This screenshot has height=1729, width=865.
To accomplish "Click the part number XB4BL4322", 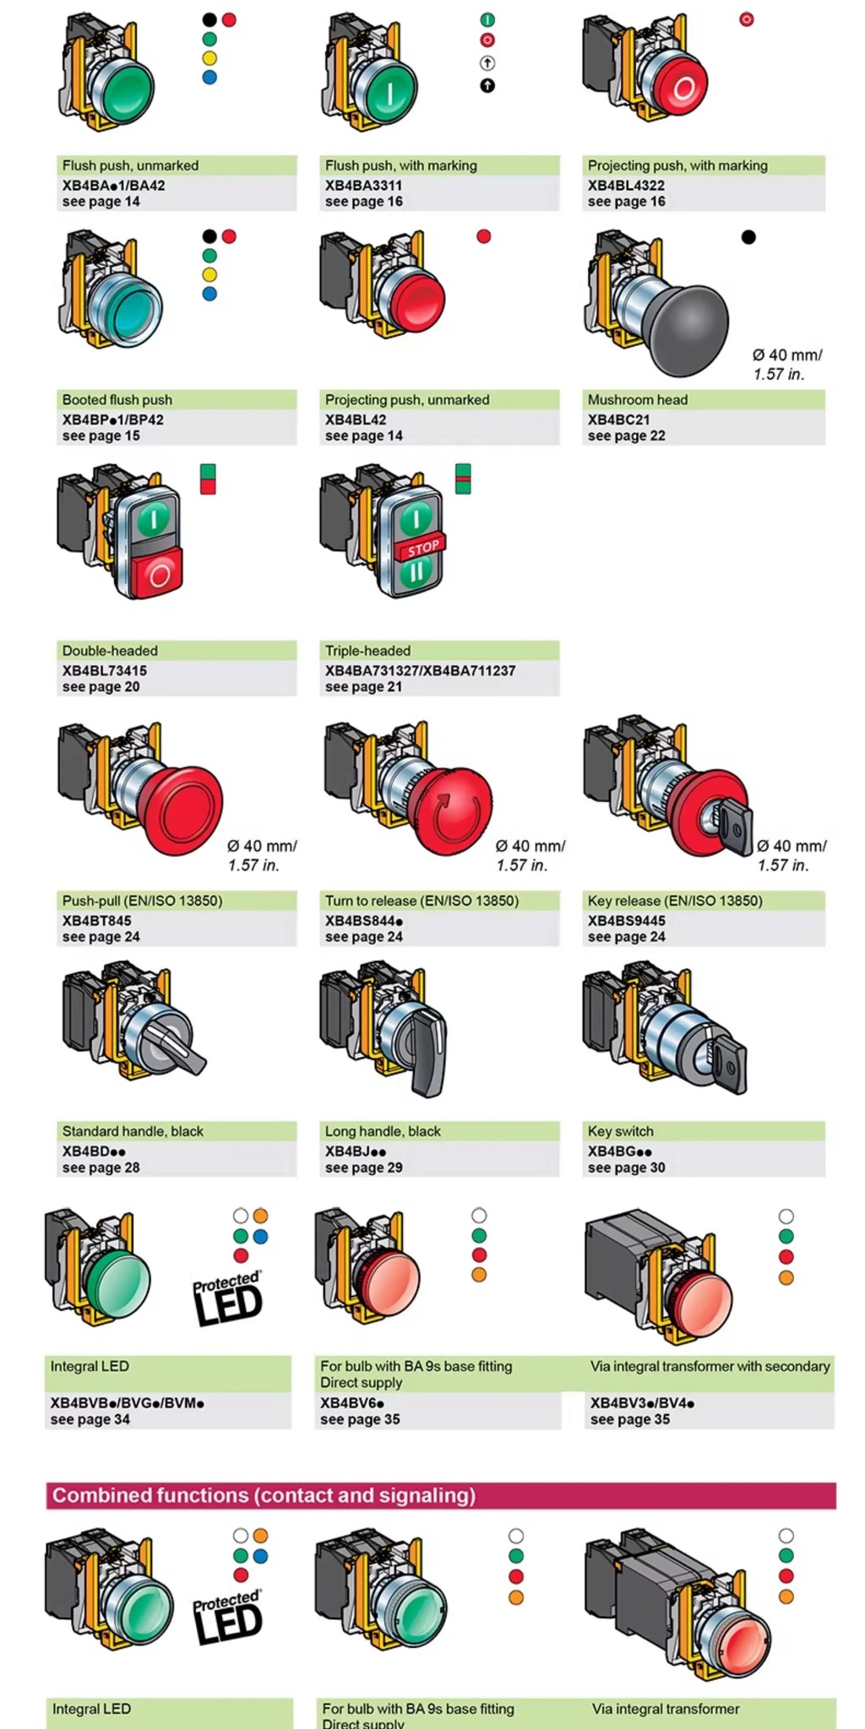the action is pyautogui.click(x=626, y=185).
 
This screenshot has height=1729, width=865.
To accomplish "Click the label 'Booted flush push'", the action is pyautogui.click(x=117, y=399).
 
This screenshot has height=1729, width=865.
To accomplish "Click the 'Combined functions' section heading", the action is pyautogui.click(x=264, y=1495).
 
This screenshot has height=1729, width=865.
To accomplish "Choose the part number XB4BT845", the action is pyautogui.click(x=96, y=920).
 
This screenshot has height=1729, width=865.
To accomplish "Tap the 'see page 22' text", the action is pyautogui.click(x=626, y=436).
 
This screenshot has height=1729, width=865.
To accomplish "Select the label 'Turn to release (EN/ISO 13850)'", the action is pyautogui.click(x=422, y=901).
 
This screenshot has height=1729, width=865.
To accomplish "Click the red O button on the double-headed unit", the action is pyautogui.click(x=158, y=574).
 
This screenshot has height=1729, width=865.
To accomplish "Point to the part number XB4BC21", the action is pyautogui.click(x=618, y=420).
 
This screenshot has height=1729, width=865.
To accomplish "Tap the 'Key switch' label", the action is pyautogui.click(x=620, y=1131).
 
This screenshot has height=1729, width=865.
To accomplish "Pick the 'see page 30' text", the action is pyautogui.click(x=626, y=1168).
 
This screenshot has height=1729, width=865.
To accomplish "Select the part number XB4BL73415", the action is pyautogui.click(x=104, y=670).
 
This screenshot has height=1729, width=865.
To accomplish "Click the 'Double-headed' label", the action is pyautogui.click(x=110, y=651).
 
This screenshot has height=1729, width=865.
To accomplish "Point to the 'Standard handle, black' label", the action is pyautogui.click(x=133, y=1131).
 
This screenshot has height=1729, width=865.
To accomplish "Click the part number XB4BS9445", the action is pyautogui.click(x=626, y=920).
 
